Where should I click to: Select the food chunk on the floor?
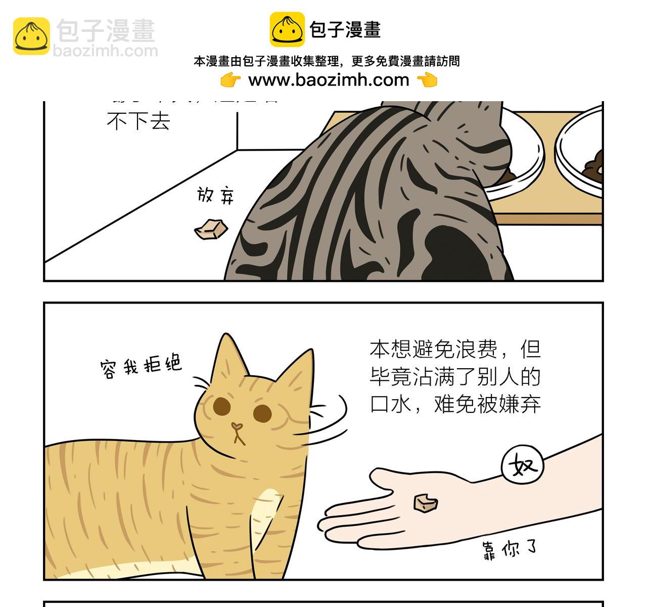(x=211, y=229)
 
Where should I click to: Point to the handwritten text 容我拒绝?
(x=141, y=365)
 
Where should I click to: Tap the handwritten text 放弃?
(x=216, y=195)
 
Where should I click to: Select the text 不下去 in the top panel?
(x=138, y=122)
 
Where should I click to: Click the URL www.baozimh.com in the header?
(x=329, y=80)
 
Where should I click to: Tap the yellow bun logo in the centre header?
(x=287, y=30)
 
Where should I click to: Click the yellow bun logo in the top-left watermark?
(x=31, y=36)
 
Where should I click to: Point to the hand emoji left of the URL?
(x=230, y=80)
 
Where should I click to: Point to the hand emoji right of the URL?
(x=427, y=80)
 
